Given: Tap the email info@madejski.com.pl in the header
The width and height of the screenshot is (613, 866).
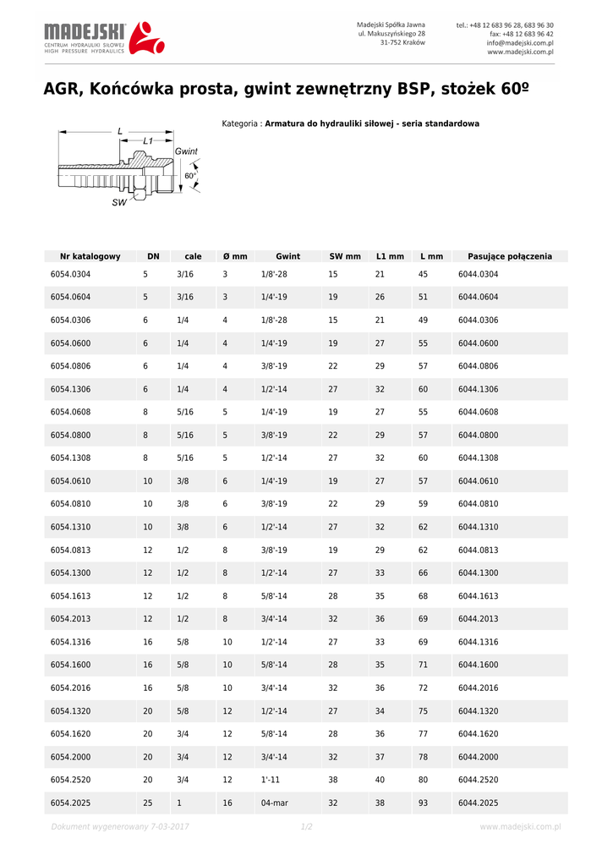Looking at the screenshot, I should coord(520,42).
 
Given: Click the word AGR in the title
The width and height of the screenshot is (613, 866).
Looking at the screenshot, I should coord(63,90).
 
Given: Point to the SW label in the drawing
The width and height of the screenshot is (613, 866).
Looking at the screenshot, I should coord(119,203).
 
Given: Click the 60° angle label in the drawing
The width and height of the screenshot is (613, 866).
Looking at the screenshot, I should coord(190,176).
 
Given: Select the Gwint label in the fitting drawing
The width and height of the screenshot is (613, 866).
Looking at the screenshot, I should coord(186,151).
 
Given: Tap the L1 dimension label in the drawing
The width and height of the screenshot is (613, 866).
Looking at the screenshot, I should coord(148,140).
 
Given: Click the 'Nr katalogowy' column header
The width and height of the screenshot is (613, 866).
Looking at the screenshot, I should coord(90,256).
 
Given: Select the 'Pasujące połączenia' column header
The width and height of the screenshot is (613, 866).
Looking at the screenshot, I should coord(503,256).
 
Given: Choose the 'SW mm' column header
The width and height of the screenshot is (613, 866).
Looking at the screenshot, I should coord(345,256).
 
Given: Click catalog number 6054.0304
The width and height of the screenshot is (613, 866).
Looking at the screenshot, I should coord(70,274).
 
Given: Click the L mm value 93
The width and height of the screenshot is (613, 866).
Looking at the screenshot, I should coord(424,803).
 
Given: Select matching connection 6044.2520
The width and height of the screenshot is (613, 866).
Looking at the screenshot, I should coord(479,780).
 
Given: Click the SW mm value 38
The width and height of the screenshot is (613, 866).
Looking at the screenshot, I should coord(333,780).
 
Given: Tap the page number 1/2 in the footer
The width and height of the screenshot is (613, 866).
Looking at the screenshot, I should coord(306,826).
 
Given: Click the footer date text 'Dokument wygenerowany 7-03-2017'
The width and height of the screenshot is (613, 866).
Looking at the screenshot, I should coord(119,826).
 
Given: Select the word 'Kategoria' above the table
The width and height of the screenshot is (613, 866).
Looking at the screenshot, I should coord(241,123).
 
